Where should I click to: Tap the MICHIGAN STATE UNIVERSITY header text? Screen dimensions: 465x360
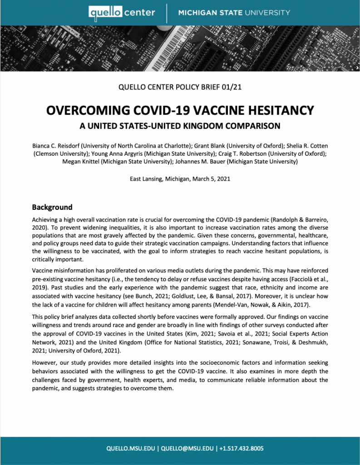[234, 12]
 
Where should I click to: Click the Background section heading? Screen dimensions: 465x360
[52, 208]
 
